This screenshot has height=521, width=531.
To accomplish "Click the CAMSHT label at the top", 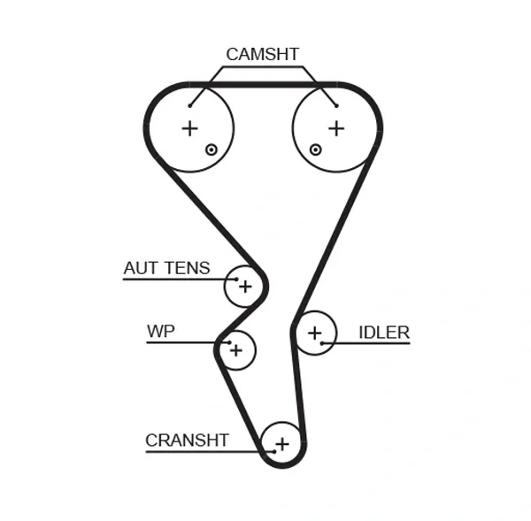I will tap(262, 55).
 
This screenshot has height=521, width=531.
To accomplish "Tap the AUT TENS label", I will tap(166, 268).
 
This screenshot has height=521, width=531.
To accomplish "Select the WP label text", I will tap(160, 332).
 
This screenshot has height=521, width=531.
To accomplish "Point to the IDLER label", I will tap(383, 333).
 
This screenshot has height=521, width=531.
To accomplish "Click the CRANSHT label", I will tap(187, 440).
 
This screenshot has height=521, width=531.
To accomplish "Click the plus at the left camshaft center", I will tap(189, 128).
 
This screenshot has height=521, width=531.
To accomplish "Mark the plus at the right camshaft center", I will tap(336, 128).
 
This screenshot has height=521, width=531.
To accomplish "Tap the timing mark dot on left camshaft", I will tap(211, 149).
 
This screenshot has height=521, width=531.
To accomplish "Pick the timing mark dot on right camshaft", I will tap(315, 149).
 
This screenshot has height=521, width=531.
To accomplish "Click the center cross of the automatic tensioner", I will tap(245, 287).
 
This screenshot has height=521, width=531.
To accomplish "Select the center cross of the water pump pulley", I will tap(235, 350).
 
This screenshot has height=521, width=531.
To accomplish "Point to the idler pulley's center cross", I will tap(314, 333).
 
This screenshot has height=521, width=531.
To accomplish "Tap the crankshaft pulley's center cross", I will tap(282, 443).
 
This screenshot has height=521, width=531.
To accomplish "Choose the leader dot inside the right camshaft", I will tap(336, 105).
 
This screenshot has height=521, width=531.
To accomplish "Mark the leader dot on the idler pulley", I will tap(323, 342).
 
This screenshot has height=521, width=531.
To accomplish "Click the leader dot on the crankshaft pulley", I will tap(273, 452).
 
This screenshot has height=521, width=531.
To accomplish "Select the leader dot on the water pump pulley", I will tap(228, 341).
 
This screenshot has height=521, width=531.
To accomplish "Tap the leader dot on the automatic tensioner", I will tap(236, 279).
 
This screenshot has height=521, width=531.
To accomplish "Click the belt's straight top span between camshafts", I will tap(263, 85).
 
